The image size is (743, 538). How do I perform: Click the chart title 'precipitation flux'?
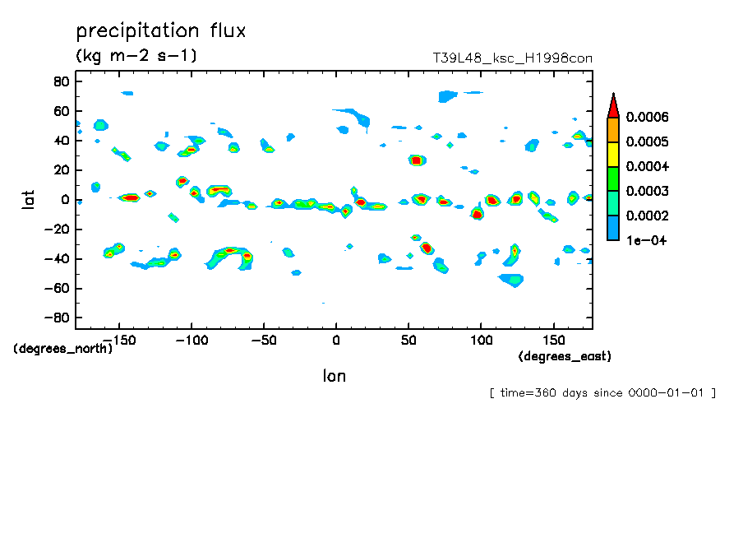click(x=161, y=31)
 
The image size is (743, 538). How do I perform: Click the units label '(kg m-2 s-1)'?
click(x=136, y=56)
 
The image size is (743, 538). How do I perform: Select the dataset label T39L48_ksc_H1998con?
click(x=512, y=58)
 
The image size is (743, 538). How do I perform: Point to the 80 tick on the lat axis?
click(x=59, y=81)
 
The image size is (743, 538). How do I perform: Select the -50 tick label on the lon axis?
click(x=263, y=338)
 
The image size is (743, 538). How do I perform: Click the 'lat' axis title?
click(x=29, y=198)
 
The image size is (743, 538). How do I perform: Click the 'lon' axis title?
click(x=334, y=376)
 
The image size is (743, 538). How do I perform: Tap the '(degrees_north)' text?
click(x=63, y=348)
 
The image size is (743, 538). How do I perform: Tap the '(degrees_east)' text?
click(x=565, y=356)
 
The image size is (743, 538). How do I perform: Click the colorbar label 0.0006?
click(x=648, y=117)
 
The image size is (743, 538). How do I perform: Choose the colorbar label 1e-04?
click(x=646, y=240)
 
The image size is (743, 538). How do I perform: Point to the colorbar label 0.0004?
click(x=648, y=166)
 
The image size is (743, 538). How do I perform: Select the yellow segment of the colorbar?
click(x=612, y=154)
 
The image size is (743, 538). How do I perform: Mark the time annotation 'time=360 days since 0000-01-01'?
click(x=602, y=392)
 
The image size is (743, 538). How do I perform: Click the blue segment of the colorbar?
click(x=612, y=228)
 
